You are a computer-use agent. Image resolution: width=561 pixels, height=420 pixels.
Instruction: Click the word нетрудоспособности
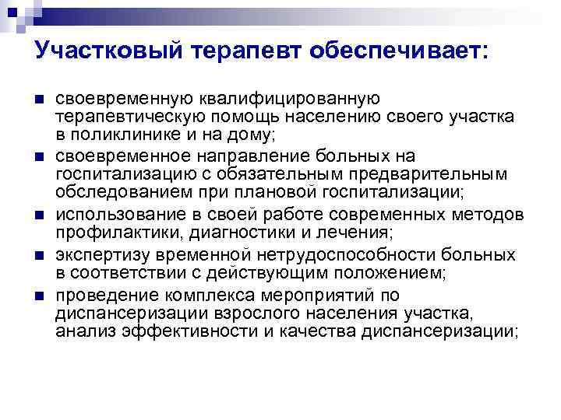tap(346, 254)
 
